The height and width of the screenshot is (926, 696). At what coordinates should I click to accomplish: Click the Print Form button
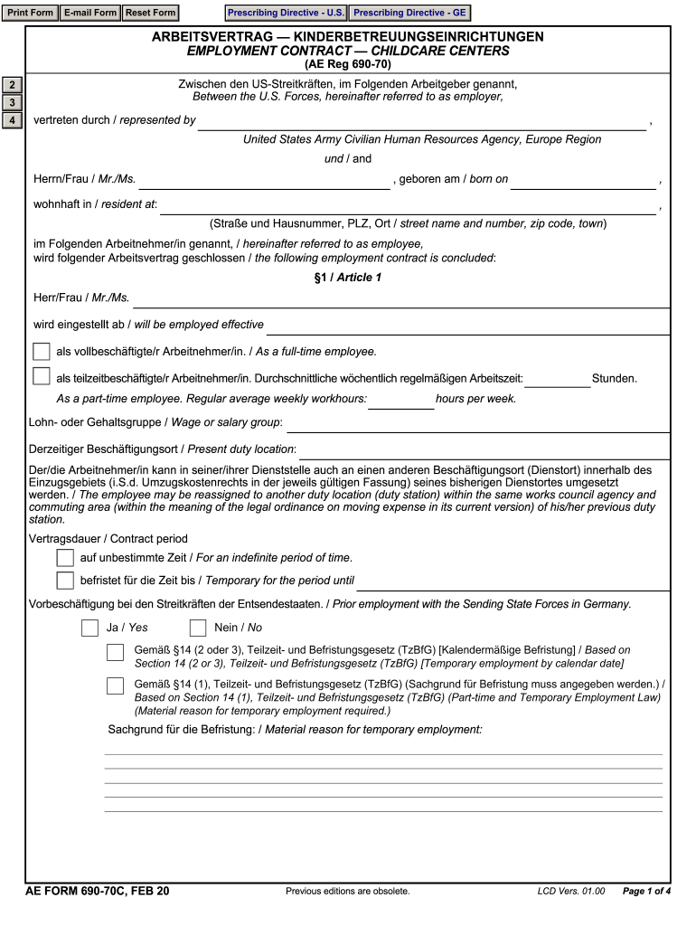tap(31, 13)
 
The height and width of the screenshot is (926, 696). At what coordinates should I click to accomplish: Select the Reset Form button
tap(150, 13)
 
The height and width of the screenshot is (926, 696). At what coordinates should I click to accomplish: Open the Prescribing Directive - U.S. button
tap(286, 13)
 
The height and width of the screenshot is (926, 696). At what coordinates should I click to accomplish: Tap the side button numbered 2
tap(12, 86)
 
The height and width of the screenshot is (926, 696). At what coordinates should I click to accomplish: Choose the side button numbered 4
tap(12, 120)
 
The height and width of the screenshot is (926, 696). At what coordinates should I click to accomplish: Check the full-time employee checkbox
tap(42, 352)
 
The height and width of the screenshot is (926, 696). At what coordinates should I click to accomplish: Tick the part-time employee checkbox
tap(42, 377)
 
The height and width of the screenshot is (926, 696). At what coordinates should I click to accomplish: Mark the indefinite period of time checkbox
tap(65, 557)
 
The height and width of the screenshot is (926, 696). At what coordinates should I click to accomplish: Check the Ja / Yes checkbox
tap(90, 628)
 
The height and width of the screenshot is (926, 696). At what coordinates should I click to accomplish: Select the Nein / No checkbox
tap(198, 628)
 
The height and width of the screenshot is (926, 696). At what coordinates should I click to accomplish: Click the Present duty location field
tap(484, 449)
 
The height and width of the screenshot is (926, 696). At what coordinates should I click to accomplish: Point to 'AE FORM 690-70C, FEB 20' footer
tap(98, 891)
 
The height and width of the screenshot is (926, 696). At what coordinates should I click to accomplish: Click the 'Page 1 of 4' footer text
tap(646, 892)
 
